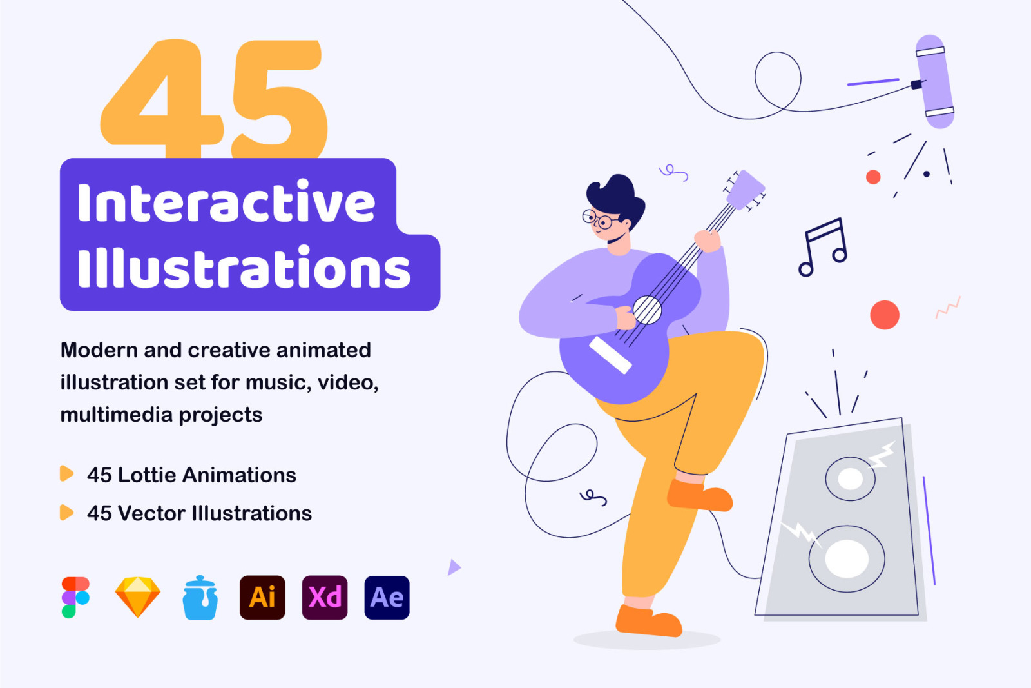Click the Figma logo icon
point(75,597)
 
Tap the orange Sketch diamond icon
point(138,597)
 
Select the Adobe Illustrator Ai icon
point(262,597)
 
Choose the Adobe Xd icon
point(325,597)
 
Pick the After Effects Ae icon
point(387,597)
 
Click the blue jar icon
point(200,598)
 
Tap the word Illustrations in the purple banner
point(244,266)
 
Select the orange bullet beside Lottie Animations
point(67,474)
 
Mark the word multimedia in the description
point(116,415)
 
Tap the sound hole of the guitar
point(647,310)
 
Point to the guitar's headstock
point(745,190)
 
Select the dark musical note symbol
point(823,248)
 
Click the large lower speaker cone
point(847,558)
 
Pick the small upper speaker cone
point(850,479)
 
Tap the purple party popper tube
point(934,81)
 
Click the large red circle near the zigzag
point(885,315)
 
